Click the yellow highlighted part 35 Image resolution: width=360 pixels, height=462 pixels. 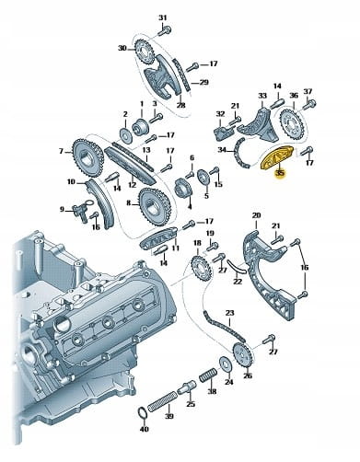[x=276, y=158]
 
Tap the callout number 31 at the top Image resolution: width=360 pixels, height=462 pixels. [x=163, y=17]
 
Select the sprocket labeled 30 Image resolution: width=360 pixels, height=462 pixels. [x=144, y=52]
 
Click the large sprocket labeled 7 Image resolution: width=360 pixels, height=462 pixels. [x=87, y=158]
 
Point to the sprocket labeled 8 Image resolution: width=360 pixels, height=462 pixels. [x=155, y=207]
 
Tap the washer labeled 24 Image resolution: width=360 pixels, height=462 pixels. [x=225, y=364]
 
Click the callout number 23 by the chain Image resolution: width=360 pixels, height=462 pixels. [x=229, y=313]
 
